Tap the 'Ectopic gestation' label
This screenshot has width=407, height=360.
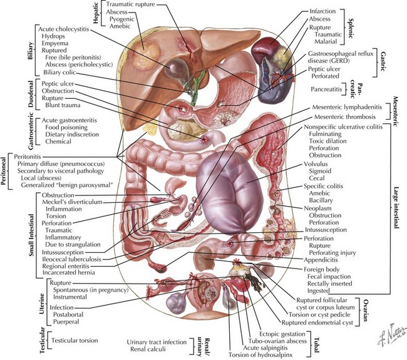(x=274, y=332)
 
